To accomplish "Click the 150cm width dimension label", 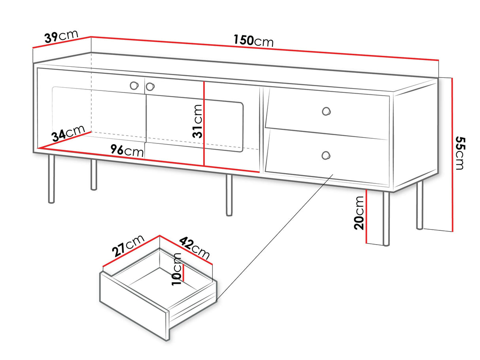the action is (253, 41).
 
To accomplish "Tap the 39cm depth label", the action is (61, 36).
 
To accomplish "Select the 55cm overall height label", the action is (460, 153).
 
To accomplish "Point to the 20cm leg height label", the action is (359, 213).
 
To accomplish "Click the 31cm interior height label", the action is (197, 121).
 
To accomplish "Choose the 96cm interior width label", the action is (127, 151).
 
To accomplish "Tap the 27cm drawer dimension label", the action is (128, 245).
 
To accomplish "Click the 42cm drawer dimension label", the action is (195, 248).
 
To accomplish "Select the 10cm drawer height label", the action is (176, 269).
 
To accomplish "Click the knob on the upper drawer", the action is (326, 111).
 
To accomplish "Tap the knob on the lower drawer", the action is (326, 155).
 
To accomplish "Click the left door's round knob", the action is (134, 85).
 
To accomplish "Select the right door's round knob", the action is (150, 87).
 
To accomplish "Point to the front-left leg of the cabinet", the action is (51, 179).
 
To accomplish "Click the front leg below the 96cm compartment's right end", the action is (229, 195).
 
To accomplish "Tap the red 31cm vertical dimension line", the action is (204, 124).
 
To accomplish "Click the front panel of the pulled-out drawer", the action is (134, 305).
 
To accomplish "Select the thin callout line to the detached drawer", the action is (274, 237).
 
